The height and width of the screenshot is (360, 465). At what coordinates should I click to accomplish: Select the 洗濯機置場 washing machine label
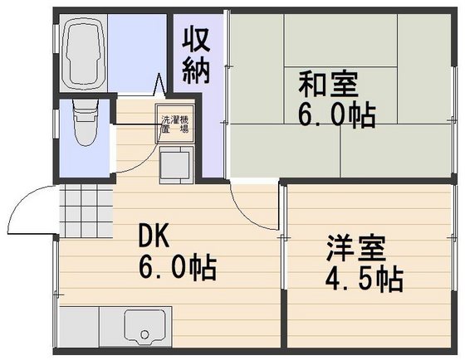[174, 124]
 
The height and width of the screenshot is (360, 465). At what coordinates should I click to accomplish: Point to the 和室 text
[328, 85]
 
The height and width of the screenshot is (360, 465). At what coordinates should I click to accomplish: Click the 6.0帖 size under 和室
[340, 114]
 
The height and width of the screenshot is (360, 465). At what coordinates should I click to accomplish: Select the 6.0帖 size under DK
[177, 267]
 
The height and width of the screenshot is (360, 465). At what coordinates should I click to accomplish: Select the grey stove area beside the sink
[80, 326]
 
